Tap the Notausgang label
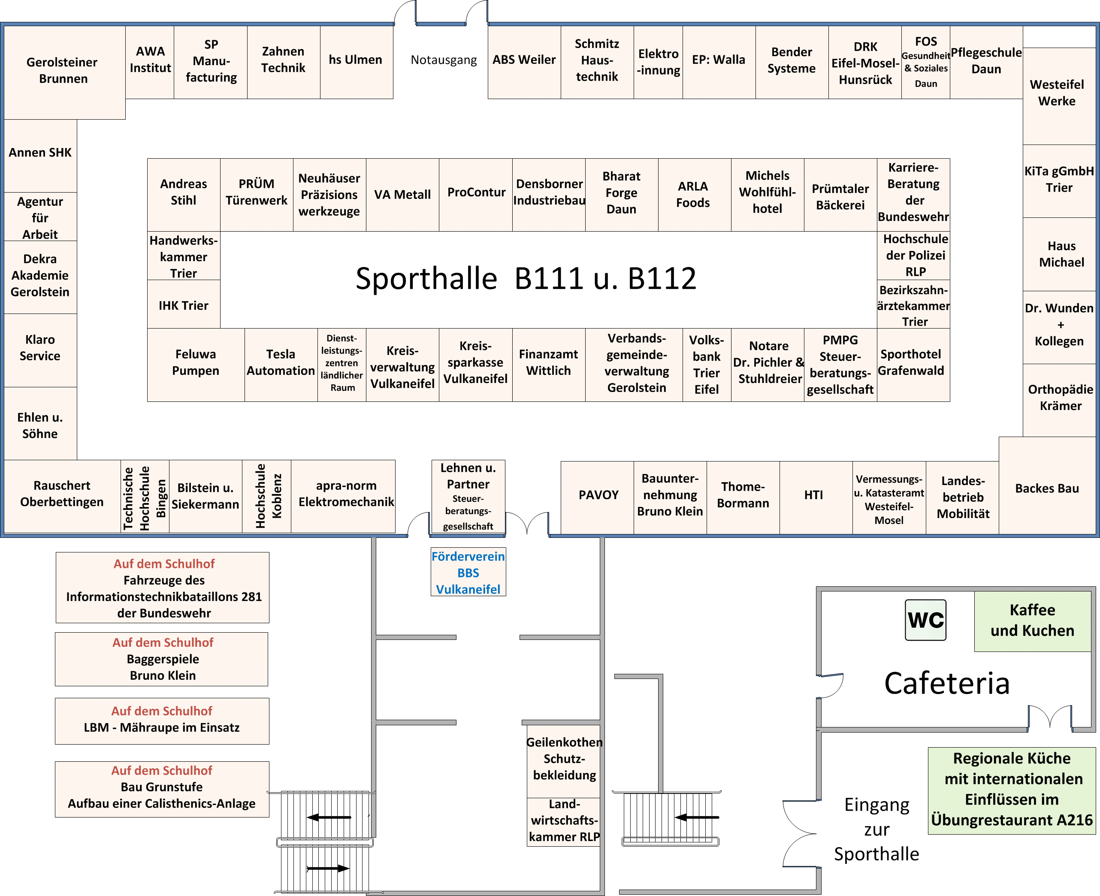coord(444,60)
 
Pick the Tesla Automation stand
coord(281,365)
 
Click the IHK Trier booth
coord(184,305)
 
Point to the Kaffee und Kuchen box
coord(1032,621)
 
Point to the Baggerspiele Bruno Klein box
coord(162,659)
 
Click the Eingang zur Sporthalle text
coord(876,830)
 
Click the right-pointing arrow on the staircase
coord(328,869)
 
